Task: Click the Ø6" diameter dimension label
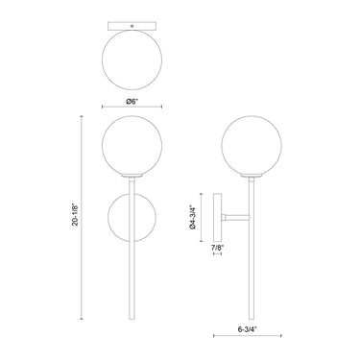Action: [x=132, y=102]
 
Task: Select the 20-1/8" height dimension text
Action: [x=75, y=214]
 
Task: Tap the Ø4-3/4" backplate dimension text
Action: [x=192, y=217]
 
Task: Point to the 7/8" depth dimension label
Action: [x=218, y=247]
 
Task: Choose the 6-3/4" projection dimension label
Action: [x=248, y=328]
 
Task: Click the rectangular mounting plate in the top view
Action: [x=132, y=26]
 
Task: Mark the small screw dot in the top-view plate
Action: [x=132, y=25]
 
